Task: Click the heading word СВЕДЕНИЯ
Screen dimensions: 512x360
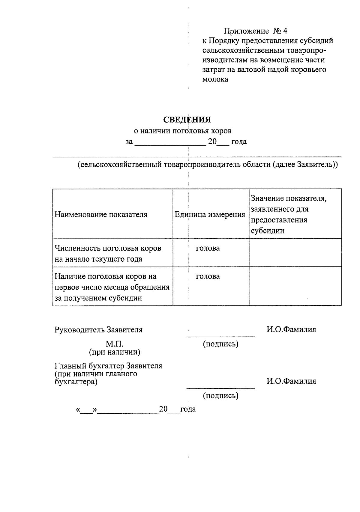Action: pos(187,120)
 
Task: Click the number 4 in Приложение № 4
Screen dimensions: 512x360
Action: pos(285,31)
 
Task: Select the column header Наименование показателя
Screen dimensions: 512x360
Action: pos(101,215)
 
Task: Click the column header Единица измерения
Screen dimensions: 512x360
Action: pos(210,215)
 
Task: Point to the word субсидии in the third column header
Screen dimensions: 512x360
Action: pos(268,231)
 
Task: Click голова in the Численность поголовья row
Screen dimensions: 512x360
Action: pos(208,248)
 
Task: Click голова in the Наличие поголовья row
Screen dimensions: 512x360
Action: pos(208,276)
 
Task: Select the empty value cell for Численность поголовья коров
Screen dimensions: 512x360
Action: pos(295,253)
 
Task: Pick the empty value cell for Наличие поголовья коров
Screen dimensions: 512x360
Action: pos(295,286)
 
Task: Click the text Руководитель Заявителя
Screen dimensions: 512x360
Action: pos(98,330)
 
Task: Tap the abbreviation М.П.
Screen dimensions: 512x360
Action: pos(114,344)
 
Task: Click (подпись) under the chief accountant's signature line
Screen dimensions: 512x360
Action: pos(220,396)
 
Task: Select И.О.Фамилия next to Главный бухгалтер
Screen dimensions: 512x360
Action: pos(291,381)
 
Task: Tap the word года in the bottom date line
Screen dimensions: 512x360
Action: pos(188,409)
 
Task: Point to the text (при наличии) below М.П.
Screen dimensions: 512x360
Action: pos(114,352)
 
